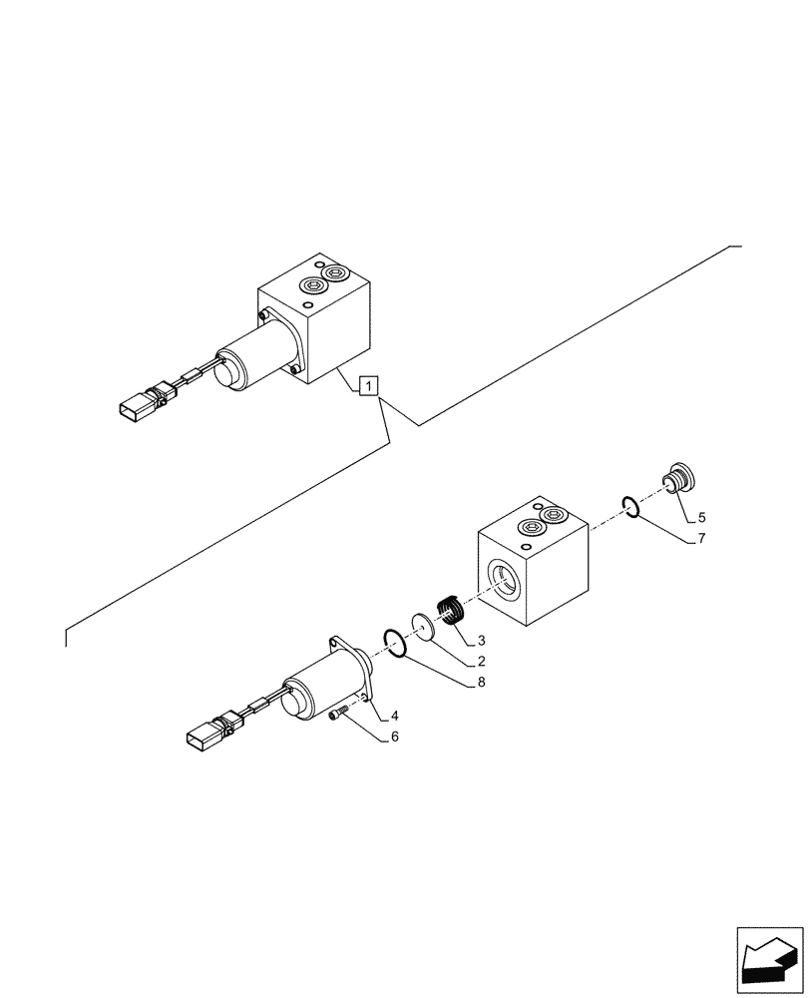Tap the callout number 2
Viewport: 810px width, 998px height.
[481, 662]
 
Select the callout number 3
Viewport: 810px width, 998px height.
[481, 640]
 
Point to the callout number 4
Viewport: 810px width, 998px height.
[395, 716]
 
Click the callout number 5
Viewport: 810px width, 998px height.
[701, 517]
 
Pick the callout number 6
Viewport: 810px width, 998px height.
[395, 737]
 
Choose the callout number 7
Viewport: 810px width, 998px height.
[701, 539]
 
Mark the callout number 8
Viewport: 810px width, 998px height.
[481, 684]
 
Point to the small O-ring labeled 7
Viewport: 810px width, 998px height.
[629, 508]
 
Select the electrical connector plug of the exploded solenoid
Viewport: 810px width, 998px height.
[204, 737]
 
